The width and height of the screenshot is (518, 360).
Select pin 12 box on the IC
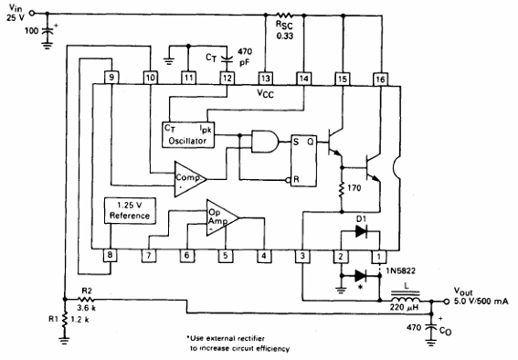[x=227, y=78]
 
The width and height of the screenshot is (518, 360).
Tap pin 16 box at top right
[x=380, y=78]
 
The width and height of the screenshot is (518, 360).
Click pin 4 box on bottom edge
[x=266, y=256]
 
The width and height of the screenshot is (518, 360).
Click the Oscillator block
[x=193, y=134]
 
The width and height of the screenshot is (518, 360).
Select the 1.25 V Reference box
[x=132, y=210]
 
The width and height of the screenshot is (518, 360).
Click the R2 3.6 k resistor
[x=84, y=298]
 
